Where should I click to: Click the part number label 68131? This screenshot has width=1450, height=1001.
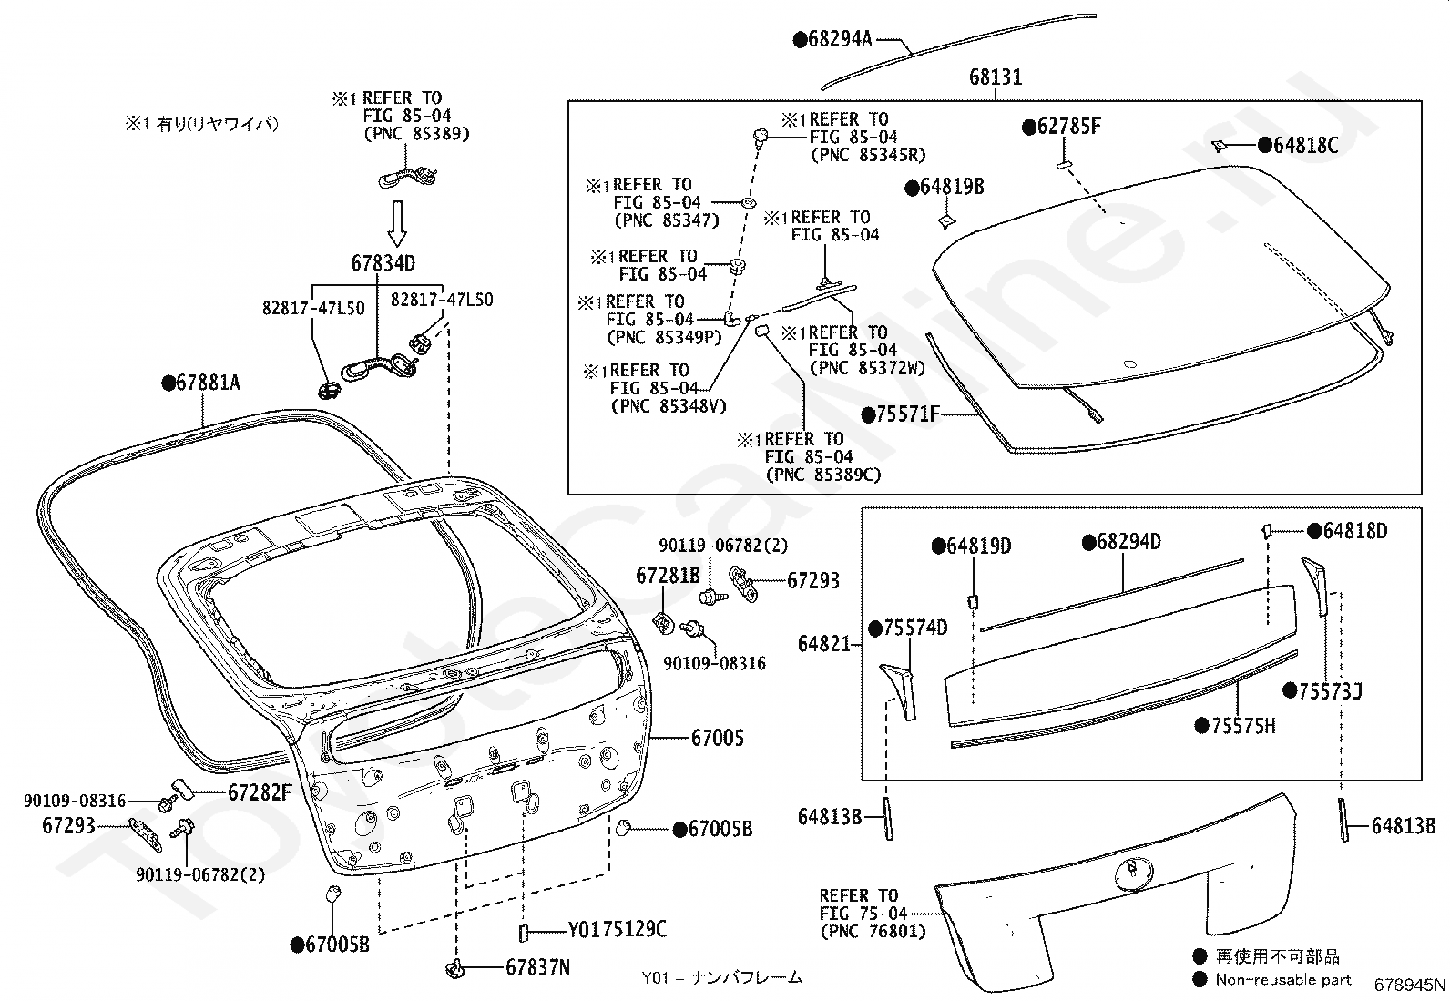pos(995,77)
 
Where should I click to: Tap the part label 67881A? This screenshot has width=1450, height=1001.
pos(200,383)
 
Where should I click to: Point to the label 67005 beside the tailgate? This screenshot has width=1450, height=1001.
pos(717,738)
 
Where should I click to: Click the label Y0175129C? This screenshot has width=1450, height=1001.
pos(617,929)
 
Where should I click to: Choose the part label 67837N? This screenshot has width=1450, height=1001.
pos(537,967)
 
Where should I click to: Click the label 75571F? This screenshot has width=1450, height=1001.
pos(901,414)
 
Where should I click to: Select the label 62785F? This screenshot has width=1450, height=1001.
pos(1061,127)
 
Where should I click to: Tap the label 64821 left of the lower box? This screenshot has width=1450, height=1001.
pos(823,644)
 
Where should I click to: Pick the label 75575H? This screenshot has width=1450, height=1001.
pos(1235,726)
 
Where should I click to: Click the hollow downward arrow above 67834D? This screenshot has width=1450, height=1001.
pos(397,223)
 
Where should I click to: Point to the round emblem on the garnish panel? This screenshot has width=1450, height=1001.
pos(1134,873)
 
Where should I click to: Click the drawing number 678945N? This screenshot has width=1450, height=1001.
pos(1410,985)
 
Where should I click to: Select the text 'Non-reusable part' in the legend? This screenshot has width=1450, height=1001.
pos(1283,980)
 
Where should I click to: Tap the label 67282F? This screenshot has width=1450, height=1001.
pos(260,792)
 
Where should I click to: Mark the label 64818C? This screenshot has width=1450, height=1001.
pos(1298,145)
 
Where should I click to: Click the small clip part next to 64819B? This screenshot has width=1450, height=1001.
pos(947,221)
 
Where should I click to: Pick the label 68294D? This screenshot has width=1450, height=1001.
pos(1121,541)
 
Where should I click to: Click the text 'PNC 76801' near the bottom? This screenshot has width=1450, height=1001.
pos(873,932)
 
